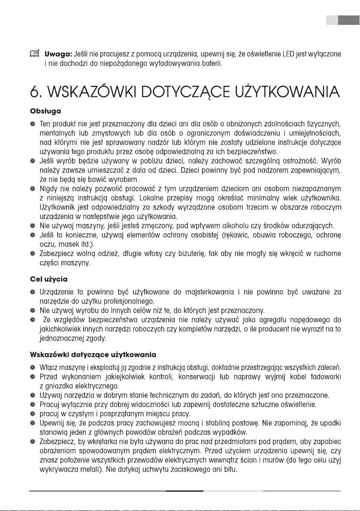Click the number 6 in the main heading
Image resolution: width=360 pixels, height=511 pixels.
pos(36,92)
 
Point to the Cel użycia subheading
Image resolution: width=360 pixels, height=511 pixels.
pos(48,279)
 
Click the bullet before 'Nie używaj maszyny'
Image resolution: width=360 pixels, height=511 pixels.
pos(32,226)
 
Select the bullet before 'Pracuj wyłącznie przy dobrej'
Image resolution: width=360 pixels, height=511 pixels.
pos(32,404)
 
